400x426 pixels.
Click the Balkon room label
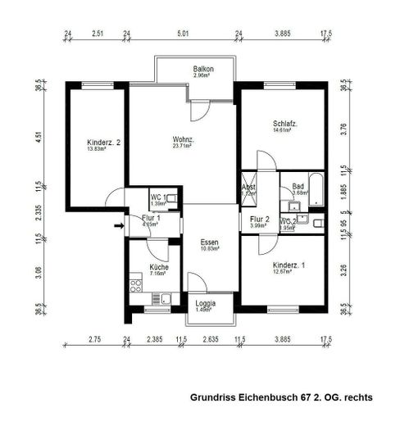click(x=203, y=70)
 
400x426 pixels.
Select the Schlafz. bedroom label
click(x=284, y=125)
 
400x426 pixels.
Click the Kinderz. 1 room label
click(x=290, y=265)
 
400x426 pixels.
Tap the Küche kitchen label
click(x=159, y=268)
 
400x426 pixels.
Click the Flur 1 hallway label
click(x=150, y=218)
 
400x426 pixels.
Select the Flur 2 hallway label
click(x=260, y=219)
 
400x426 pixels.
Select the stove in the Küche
click(x=135, y=284)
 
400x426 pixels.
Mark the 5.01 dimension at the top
click(x=182, y=34)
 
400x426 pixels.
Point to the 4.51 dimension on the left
click(x=38, y=137)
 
